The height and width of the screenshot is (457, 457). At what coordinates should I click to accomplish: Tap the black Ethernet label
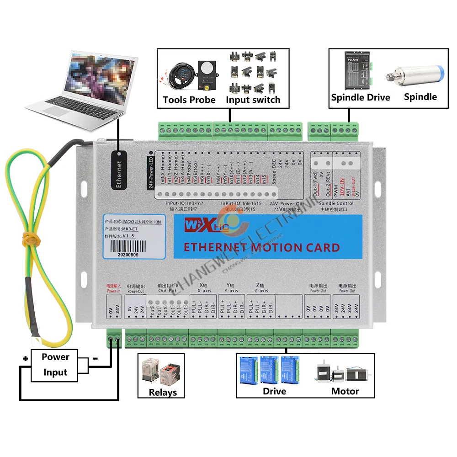click(118, 174)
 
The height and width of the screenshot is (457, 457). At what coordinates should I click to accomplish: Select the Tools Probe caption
click(189, 100)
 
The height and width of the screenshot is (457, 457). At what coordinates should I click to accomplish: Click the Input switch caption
click(253, 100)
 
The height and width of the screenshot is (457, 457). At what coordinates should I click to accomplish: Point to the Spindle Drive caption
click(361, 97)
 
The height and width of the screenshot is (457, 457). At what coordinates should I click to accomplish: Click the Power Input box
click(55, 365)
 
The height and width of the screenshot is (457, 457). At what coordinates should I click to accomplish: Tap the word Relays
click(163, 392)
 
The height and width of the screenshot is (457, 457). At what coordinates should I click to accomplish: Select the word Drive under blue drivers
click(274, 391)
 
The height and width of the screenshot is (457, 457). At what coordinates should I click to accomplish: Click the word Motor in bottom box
click(345, 391)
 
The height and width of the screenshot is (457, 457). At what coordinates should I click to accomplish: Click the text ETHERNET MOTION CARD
click(261, 248)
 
